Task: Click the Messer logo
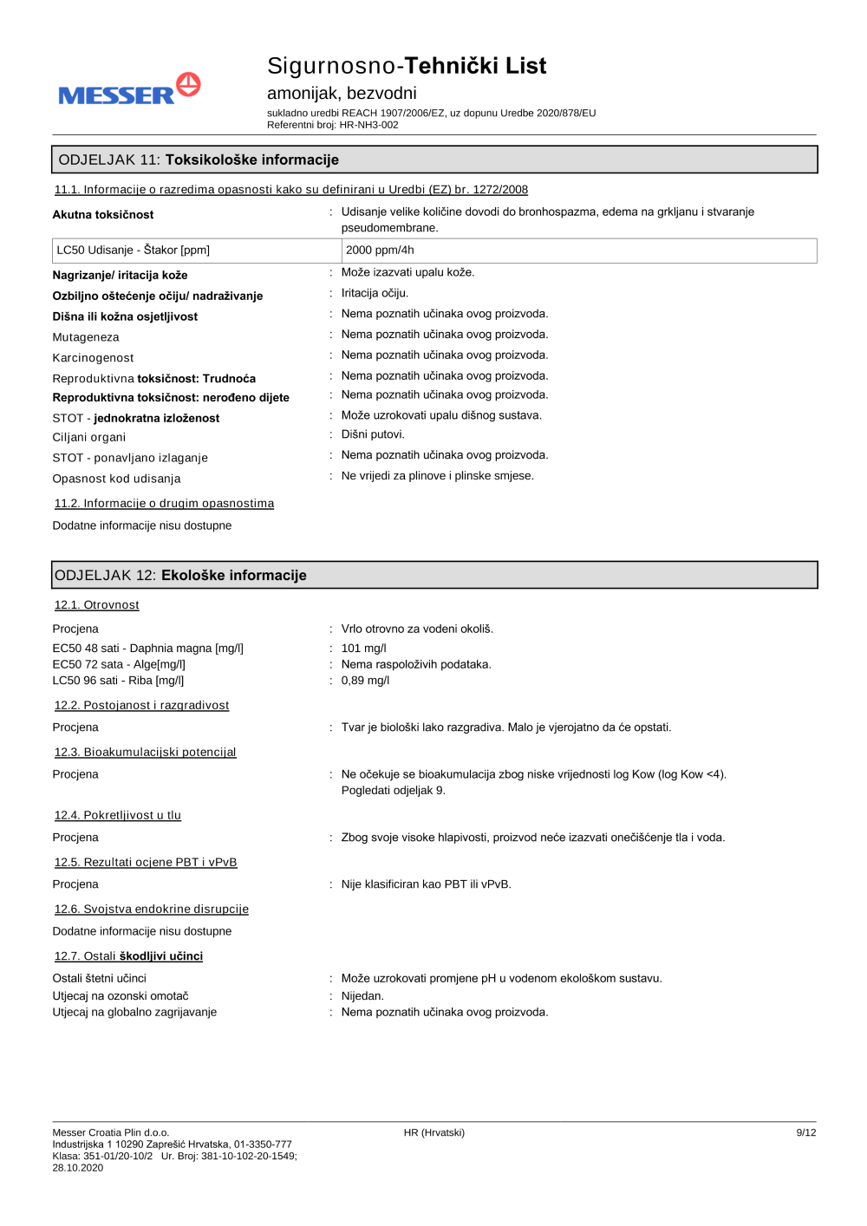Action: (x=129, y=89)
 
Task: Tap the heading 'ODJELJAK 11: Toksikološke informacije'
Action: (x=199, y=160)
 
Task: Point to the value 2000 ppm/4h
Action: (x=380, y=250)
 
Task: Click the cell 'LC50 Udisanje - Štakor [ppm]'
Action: (x=134, y=250)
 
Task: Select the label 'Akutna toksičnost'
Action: (x=103, y=214)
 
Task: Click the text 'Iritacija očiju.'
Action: (x=375, y=293)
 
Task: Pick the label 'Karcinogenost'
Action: (x=93, y=357)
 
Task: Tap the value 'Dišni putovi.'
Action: (x=373, y=434)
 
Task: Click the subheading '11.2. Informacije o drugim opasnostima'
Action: (x=164, y=503)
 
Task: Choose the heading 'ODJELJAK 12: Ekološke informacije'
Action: (x=180, y=575)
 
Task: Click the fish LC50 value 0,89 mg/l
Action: (x=365, y=681)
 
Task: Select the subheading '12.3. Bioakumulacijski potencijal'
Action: (x=145, y=752)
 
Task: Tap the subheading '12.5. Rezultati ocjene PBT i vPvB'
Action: (x=146, y=862)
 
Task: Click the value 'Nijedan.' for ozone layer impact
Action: (x=362, y=996)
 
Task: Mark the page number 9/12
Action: (x=805, y=1132)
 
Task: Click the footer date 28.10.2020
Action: (x=78, y=1168)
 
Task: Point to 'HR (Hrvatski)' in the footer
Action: (x=433, y=1132)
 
